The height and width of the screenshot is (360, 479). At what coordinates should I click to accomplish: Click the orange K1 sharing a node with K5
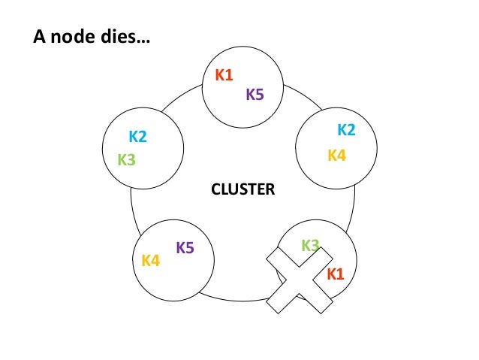[224, 74]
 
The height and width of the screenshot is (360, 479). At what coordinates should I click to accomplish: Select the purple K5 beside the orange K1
[255, 94]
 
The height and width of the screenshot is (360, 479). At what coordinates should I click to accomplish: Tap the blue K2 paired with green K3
[137, 137]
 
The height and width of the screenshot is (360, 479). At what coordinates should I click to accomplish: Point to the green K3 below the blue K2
[126, 159]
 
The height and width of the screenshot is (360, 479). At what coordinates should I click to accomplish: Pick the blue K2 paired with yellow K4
[346, 130]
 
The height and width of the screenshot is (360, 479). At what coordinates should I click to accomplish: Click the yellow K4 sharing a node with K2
[336, 156]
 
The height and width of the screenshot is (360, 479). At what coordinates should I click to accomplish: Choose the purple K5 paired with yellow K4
[185, 247]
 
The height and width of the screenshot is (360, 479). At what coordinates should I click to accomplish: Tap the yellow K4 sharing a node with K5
[150, 261]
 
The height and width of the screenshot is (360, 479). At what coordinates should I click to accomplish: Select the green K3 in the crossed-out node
[310, 244]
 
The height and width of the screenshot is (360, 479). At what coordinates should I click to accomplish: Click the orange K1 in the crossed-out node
[335, 274]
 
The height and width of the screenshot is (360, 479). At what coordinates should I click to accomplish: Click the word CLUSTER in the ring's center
[243, 190]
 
